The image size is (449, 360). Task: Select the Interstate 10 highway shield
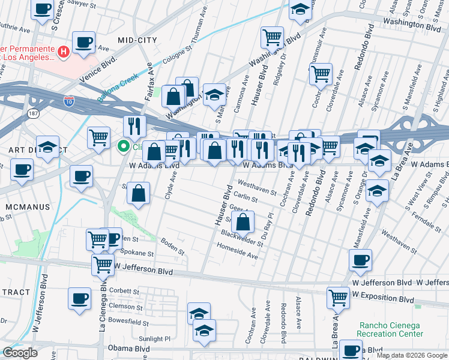pos(70,101)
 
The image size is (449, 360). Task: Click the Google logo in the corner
pos(20,353)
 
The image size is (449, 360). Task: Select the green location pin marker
pos(124,146)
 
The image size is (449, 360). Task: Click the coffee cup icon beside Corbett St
pos(79,298)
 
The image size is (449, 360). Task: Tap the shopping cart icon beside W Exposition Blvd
pos(339,296)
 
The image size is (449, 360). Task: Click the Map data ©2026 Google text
pos(412,355)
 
